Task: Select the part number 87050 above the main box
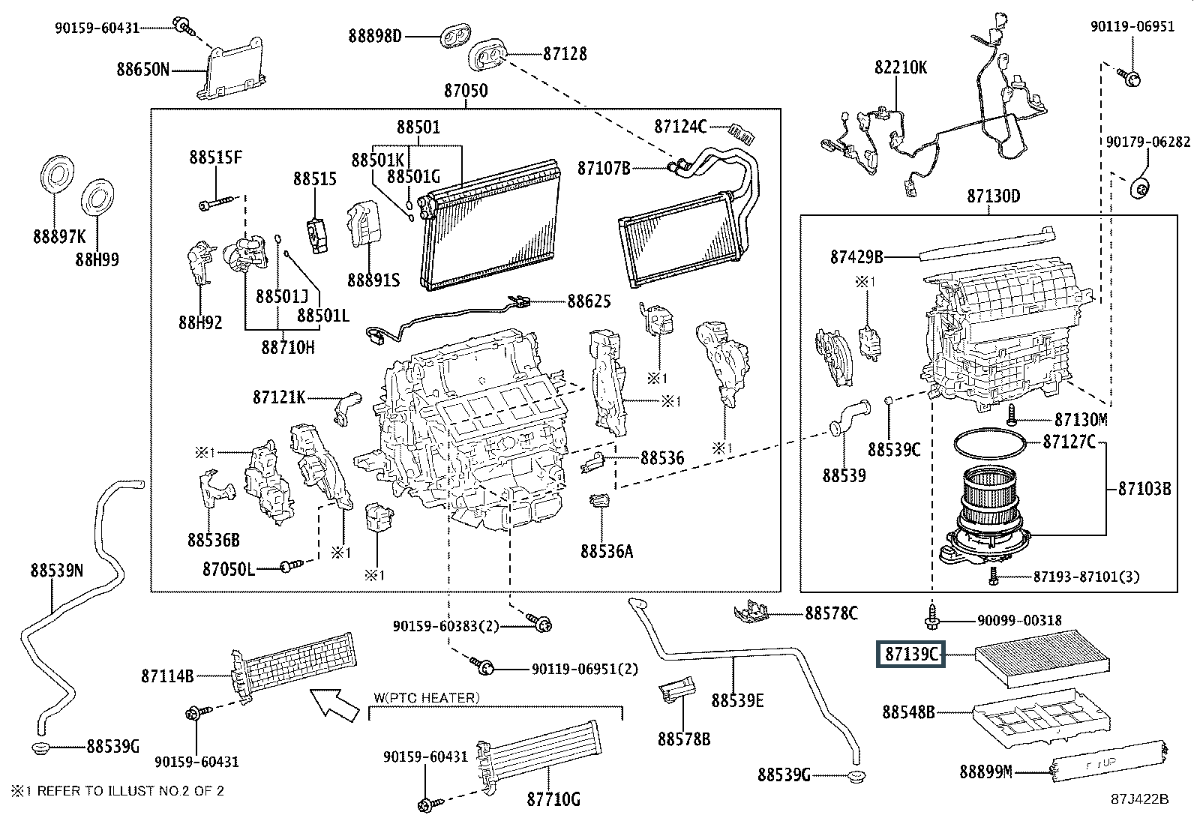[x=465, y=91]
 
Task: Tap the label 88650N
[x=142, y=70]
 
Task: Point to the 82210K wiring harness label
[x=900, y=67]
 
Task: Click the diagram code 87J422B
[x=1140, y=799]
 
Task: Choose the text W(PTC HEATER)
[x=425, y=698]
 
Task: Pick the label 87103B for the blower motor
[x=1144, y=488]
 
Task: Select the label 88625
[x=589, y=301]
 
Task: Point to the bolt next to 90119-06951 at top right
[x=1129, y=75]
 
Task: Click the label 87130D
[x=993, y=196]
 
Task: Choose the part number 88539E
[x=737, y=700]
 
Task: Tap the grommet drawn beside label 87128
[x=488, y=53]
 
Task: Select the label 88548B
[x=908, y=712]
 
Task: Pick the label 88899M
[x=985, y=772]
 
